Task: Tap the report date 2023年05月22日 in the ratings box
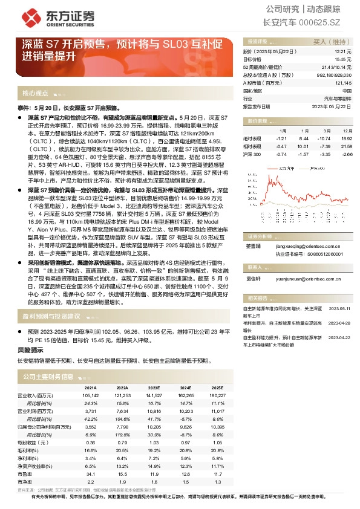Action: (334, 105)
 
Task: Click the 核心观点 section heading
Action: (35, 94)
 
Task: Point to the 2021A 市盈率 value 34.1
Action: (92, 474)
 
